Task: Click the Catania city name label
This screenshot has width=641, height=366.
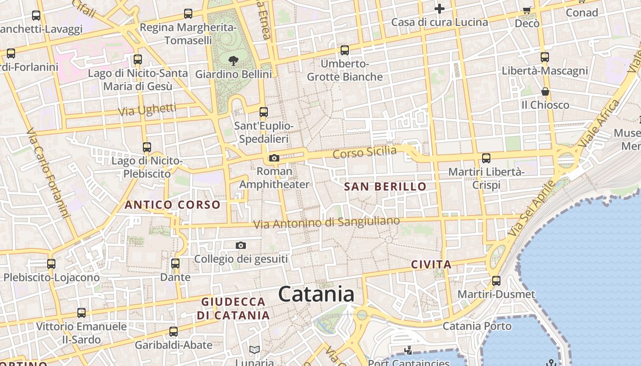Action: pos(316,294)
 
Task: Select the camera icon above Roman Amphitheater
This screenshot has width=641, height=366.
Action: pos(274,158)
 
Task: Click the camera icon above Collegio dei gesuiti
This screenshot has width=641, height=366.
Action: pos(241,246)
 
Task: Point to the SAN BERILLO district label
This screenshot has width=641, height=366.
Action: pos(385,187)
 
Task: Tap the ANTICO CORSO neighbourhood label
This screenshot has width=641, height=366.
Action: pos(173,205)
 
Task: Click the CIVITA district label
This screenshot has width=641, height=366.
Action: pos(431,264)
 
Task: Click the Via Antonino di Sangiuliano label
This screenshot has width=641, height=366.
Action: pos(326,223)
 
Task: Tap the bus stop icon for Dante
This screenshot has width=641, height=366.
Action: pos(175,264)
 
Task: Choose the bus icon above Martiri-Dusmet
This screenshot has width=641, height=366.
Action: pos(496,280)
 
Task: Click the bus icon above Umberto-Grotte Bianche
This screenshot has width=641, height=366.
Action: pos(345,50)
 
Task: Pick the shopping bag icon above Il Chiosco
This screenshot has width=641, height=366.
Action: pos(545,91)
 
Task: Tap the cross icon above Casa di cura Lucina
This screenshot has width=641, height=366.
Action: pos(440,9)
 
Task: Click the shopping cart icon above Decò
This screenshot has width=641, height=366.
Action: pos(527,10)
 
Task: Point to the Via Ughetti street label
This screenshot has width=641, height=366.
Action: pos(147,110)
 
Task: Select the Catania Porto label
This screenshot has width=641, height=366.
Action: pos(477,326)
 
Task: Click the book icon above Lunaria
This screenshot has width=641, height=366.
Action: pos(255,350)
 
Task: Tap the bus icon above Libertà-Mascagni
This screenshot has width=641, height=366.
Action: pos(545,57)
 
